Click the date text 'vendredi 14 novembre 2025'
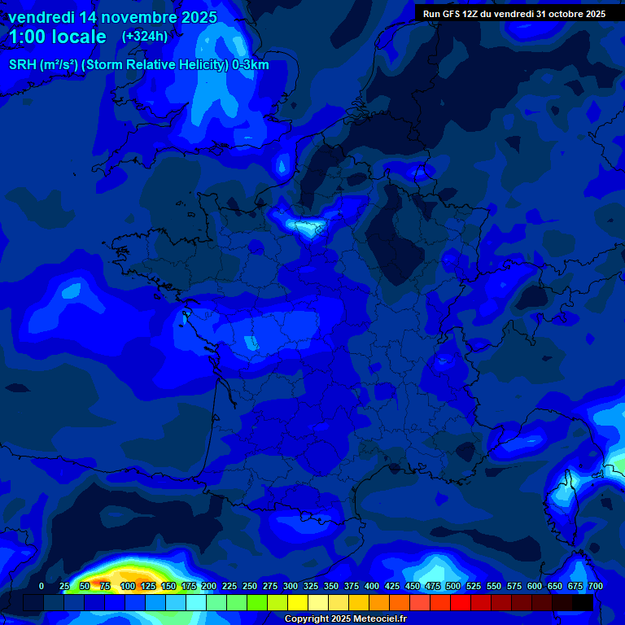pos(112,17)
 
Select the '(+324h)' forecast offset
pos(145,37)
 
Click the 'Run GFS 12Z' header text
pos(451,14)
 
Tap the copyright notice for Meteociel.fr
pos(345,619)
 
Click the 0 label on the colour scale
pos(42,587)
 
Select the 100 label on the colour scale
pos(128,587)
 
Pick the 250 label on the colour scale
pos(250,587)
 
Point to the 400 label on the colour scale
pos(372,587)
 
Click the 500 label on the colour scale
pos(453,587)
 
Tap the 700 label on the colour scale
pos(595,587)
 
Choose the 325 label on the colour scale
pos(311,587)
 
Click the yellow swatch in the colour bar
pos(298,603)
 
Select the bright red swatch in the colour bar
pos(461,603)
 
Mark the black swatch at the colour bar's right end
pos(583,603)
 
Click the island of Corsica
pos(562,496)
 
